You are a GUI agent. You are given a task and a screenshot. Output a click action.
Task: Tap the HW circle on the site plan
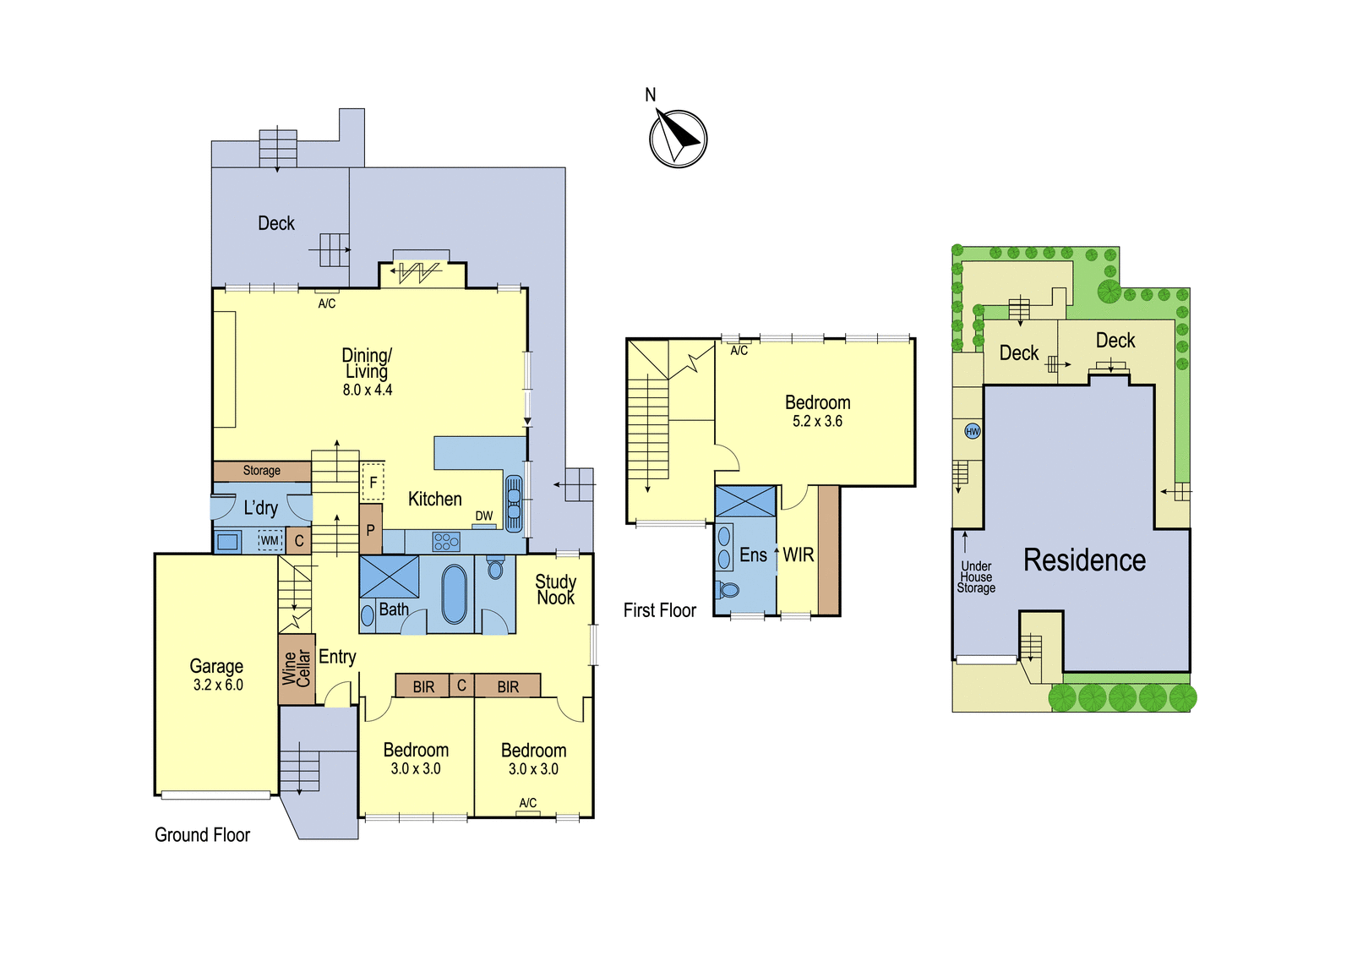click(x=973, y=431)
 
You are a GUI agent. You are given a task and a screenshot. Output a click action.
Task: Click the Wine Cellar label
click(x=297, y=668)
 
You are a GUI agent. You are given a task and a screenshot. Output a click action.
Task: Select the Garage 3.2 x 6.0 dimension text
click(x=218, y=685)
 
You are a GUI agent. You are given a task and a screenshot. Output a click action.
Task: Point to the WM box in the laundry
click(x=270, y=540)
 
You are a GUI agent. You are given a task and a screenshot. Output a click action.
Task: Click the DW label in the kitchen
click(x=484, y=516)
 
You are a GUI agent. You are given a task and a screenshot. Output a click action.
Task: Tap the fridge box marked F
click(x=373, y=482)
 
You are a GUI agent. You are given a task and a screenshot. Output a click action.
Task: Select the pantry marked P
click(x=371, y=530)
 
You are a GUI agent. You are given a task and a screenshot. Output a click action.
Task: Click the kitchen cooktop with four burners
click(x=446, y=541)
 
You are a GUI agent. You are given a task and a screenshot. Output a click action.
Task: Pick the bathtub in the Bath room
click(x=454, y=594)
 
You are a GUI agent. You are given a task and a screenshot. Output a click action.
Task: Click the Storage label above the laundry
click(x=261, y=471)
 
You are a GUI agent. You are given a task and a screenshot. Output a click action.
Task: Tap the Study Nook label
click(x=556, y=589)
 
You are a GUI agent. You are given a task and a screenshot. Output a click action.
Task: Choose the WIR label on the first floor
click(x=799, y=554)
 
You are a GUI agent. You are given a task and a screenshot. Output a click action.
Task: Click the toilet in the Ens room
click(x=728, y=589)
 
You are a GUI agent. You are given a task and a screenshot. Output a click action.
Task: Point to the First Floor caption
click(x=660, y=610)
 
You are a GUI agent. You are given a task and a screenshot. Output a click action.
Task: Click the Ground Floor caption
click(x=202, y=834)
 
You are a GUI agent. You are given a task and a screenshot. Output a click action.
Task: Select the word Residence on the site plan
click(x=1085, y=560)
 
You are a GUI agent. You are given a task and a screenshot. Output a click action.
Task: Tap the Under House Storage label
click(x=976, y=576)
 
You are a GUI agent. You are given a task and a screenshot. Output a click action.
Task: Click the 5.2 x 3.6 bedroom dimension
click(x=817, y=422)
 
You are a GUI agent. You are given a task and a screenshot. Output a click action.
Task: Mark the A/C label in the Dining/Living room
click(x=326, y=303)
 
